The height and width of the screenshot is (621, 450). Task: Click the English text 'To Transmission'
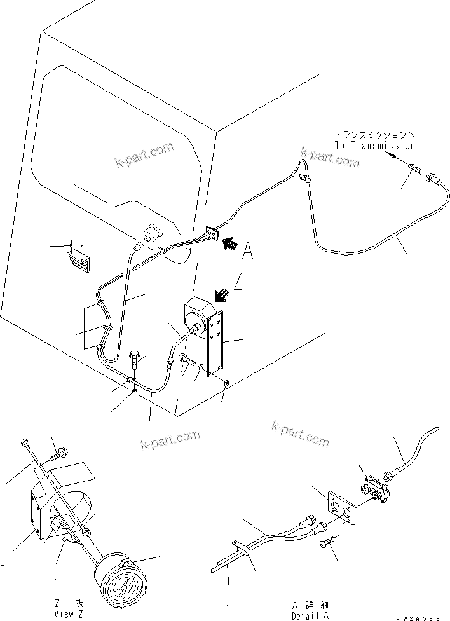click(375, 146)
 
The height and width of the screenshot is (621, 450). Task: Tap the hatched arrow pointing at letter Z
click(221, 294)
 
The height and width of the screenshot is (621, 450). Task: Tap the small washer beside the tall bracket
click(201, 367)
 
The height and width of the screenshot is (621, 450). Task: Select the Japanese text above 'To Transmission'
click(375, 134)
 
